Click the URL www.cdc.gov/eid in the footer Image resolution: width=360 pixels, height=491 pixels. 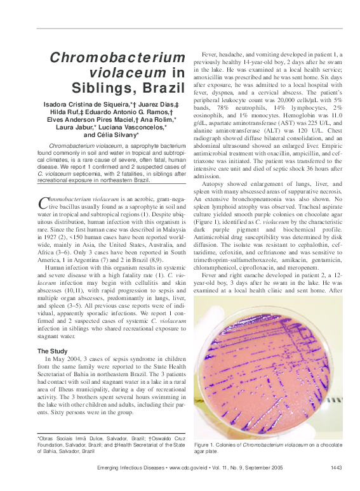[189, 468]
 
